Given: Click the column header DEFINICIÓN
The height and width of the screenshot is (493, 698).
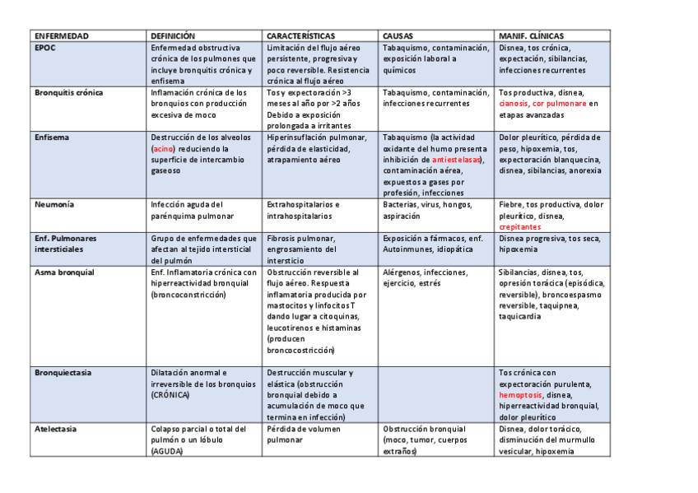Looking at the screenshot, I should click(173, 36).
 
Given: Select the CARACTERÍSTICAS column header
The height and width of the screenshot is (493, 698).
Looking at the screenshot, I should click(300, 36).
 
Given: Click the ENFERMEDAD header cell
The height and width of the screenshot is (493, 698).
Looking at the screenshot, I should click(62, 36).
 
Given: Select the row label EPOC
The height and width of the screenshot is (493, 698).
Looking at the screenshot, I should click(46, 48).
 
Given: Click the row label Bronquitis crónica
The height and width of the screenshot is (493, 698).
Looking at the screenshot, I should click(69, 93).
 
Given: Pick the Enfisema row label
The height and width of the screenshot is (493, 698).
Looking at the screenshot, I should click(52, 137).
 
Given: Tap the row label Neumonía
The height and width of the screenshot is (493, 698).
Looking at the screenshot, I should click(54, 204).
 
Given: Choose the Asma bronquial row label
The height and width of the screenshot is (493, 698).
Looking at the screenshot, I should click(65, 272).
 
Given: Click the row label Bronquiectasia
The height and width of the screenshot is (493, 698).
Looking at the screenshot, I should click(63, 373).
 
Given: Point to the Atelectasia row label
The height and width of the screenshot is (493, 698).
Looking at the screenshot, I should click(56, 429).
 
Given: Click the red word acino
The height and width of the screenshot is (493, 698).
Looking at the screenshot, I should click(163, 149).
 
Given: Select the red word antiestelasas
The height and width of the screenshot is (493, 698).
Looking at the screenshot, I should click(457, 160).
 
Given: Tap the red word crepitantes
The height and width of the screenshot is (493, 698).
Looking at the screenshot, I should click(520, 226).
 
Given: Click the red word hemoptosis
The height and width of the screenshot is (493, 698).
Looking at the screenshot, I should click(520, 395).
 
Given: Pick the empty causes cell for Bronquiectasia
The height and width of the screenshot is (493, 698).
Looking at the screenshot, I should click(436, 395).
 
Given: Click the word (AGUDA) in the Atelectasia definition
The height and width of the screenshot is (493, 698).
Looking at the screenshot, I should click(167, 451).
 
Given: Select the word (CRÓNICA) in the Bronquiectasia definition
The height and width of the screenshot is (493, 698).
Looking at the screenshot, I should click(170, 395).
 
